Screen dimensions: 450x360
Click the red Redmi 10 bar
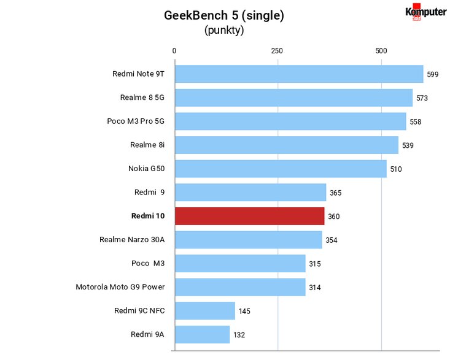pyautogui.click(x=250, y=216)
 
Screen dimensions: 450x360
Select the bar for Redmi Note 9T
pyautogui.click(x=300, y=74)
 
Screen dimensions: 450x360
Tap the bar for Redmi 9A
pyautogui.click(x=203, y=334)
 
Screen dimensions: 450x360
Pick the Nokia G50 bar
pyautogui.click(x=281, y=169)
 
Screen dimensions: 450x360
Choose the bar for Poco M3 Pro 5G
pyautogui.click(x=291, y=121)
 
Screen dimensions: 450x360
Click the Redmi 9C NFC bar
pyautogui.click(x=205, y=311)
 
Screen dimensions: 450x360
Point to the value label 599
pyautogui.click(x=432, y=75)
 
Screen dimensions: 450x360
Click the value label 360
pyautogui.click(x=334, y=216)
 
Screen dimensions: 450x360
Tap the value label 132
pyautogui.click(x=239, y=335)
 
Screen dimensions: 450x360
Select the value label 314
pyautogui.click(x=315, y=288)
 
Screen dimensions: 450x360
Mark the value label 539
pyautogui.click(x=408, y=145)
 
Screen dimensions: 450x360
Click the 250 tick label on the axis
pyautogui.click(x=277, y=51)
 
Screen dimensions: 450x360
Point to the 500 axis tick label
pyautogui.click(x=381, y=51)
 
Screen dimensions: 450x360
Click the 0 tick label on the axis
pyautogui.click(x=174, y=51)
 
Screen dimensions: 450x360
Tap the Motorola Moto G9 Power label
pyautogui.click(x=120, y=287)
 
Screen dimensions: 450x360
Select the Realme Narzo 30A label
pyautogui.click(x=132, y=240)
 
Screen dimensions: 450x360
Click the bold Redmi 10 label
pyautogui.click(x=148, y=216)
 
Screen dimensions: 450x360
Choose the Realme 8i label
pyautogui.click(x=147, y=145)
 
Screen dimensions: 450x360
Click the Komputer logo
pyautogui.click(x=426, y=12)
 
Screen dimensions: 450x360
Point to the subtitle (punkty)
pyautogui.click(x=224, y=30)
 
